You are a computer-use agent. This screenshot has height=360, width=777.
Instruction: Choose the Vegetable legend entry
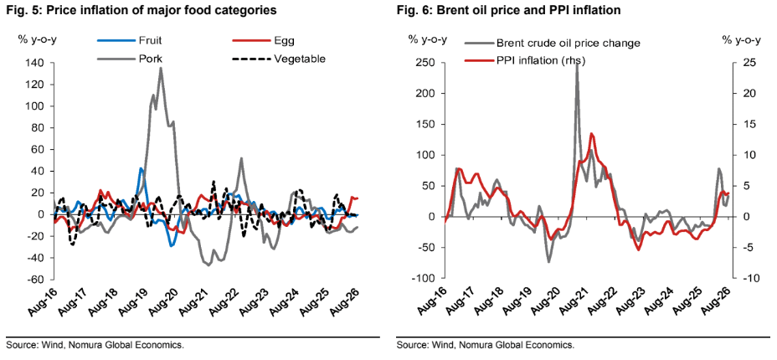click(x=279, y=59)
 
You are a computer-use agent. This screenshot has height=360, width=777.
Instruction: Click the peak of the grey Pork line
click(x=161, y=68)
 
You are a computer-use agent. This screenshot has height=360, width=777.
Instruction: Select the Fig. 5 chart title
click(x=139, y=10)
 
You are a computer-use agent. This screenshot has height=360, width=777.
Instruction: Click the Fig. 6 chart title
click(x=508, y=10)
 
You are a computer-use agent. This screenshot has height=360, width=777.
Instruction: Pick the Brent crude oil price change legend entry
click(x=553, y=43)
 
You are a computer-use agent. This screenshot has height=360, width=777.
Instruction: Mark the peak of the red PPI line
click(x=592, y=134)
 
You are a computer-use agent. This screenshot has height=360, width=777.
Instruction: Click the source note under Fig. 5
click(x=94, y=345)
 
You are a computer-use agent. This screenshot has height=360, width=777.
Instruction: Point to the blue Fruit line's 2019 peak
click(x=141, y=169)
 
